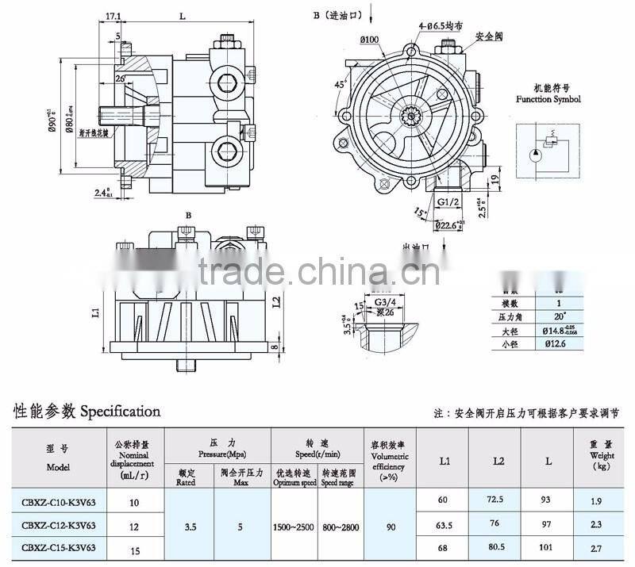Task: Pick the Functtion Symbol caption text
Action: pyautogui.click(x=548, y=100)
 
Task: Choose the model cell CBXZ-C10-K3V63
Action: pyautogui.click(x=60, y=502)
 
